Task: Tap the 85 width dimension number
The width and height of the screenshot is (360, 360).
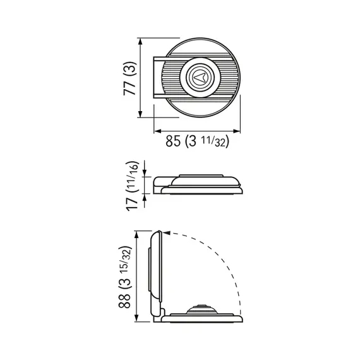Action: (174, 141)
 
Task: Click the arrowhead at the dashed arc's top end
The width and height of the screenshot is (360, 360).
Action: (165, 233)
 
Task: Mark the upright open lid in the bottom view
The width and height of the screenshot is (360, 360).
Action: (156, 272)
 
